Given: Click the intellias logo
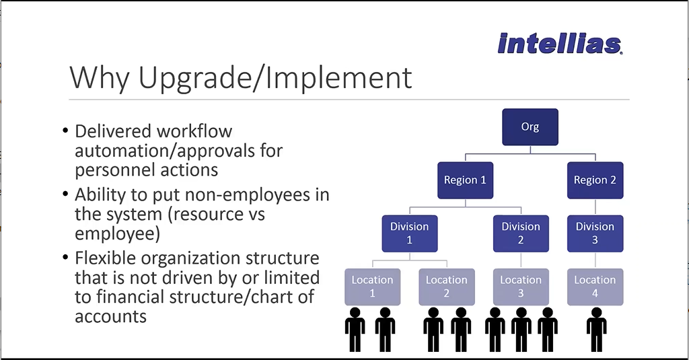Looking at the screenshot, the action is pyautogui.click(x=560, y=44).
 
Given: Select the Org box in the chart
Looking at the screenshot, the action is pyautogui.click(x=530, y=127).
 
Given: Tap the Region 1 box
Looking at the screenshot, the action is pyautogui.click(x=465, y=180).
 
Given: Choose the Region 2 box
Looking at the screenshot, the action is pyautogui.click(x=595, y=180).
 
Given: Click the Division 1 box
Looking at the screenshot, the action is pyautogui.click(x=410, y=233).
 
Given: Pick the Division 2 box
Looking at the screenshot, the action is pyautogui.click(x=521, y=233).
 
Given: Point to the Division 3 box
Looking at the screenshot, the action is pyautogui.click(x=595, y=233).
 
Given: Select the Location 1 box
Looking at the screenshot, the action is pyautogui.click(x=372, y=287).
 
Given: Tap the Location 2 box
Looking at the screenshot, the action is pyautogui.click(x=447, y=287).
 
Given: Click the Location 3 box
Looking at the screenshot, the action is pyautogui.click(x=521, y=287).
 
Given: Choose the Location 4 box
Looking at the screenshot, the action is pyautogui.click(x=595, y=287).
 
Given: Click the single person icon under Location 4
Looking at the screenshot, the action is pyautogui.click(x=596, y=329).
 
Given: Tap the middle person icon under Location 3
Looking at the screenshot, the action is pyautogui.click(x=521, y=329).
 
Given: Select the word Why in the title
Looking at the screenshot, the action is pyautogui.click(x=100, y=78).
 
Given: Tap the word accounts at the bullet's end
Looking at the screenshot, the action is pyautogui.click(x=111, y=316).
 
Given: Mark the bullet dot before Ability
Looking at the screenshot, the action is pyautogui.click(x=65, y=194).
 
